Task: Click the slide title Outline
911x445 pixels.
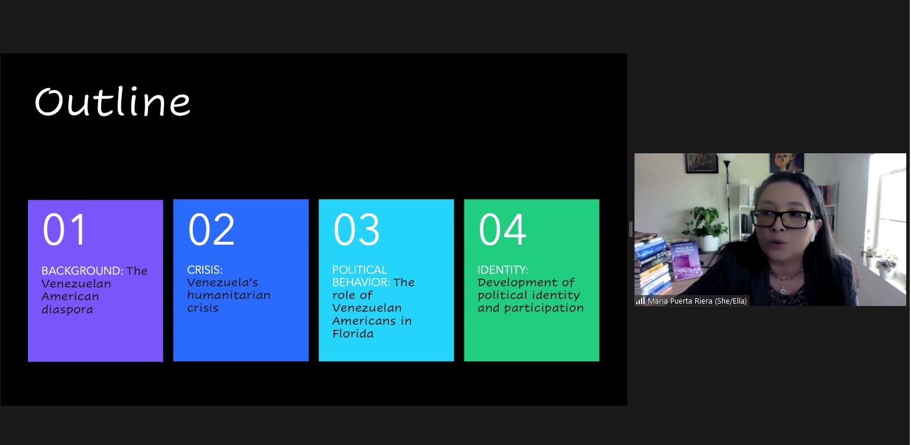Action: point(112,102)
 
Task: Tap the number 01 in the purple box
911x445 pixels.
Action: point(64,229)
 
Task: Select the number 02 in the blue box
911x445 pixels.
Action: point(212,229)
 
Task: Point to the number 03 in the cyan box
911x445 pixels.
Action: point(356,229)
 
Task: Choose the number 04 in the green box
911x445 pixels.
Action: point(502,229)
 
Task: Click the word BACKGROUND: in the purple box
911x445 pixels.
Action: point(82,271)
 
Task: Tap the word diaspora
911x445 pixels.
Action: point(67,310)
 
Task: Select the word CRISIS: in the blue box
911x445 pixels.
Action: point(205,270)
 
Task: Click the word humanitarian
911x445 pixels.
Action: point(228,295)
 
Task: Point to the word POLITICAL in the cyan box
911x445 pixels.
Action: point(360,270)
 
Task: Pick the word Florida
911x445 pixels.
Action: point(353,334)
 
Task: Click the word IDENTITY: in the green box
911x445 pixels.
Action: point(502,270)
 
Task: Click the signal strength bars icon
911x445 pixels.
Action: point(640,301)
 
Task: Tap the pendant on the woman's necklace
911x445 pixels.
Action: point(782,290)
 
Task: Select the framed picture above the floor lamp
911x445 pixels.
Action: point(702,163)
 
